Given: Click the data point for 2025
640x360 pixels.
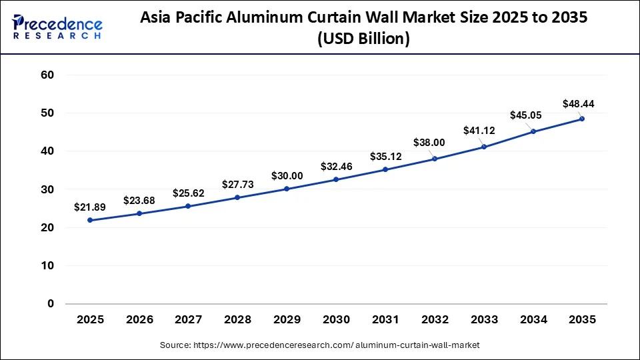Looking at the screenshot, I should tap(90, 220).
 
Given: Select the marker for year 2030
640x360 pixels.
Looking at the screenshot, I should tap(336, 179).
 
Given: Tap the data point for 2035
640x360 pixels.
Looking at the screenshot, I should tap(582, 119).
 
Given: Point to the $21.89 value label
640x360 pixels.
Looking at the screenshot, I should tap(90, 207).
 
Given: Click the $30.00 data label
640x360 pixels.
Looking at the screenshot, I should tap(287, 176).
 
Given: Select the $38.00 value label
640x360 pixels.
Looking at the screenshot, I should tap(435, 142).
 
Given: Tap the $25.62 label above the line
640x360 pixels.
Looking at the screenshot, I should tap(189, 193).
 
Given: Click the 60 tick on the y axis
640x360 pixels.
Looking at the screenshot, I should tap(47, 75).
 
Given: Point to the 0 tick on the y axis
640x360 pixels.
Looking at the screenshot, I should tap(50, 304).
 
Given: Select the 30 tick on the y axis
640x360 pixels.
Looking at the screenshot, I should tap(47, 189).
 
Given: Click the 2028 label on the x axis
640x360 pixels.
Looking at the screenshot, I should tap(237, 320).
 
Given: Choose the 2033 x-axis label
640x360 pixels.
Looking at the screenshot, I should tap(483, 320).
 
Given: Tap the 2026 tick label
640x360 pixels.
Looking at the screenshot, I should tap(139, 320).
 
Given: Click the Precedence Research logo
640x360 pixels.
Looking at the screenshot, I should tap(57, 27).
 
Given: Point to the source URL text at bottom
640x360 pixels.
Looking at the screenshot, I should tap(320, 345).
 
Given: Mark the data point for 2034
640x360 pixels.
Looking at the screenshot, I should tap(533, 131).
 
